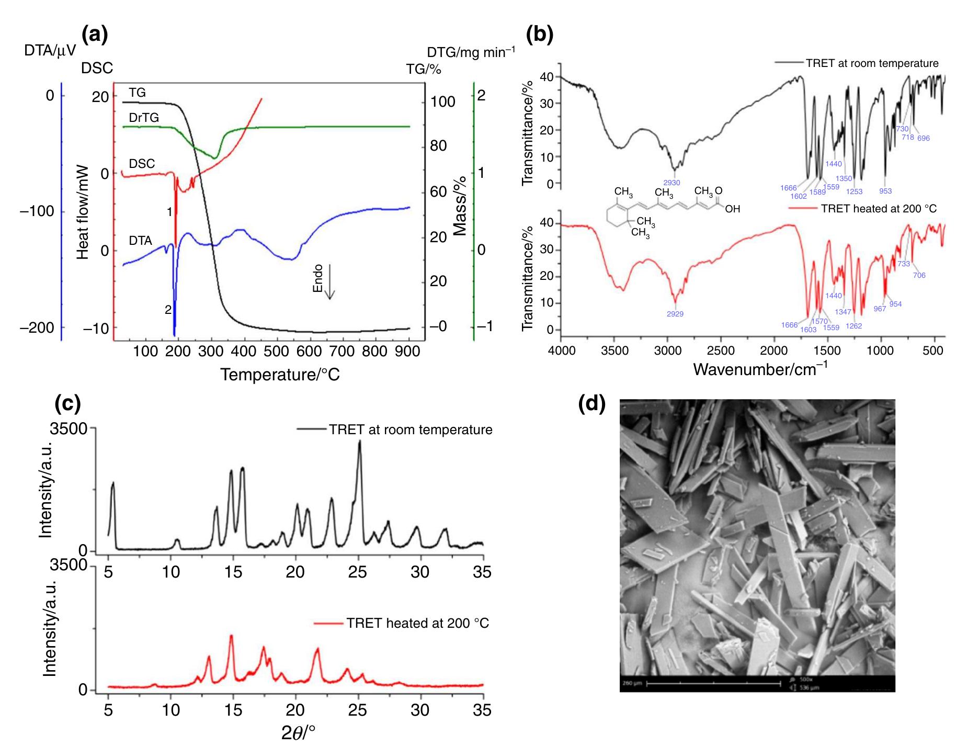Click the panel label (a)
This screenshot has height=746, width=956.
pyautogui.click(x=95, y=35)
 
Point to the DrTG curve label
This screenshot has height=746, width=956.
pyautogui.click(x=144, y=118)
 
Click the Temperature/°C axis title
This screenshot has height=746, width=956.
pyautogui.click(x=280, y=375)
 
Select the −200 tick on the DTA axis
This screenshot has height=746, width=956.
pyautogui.click(x=37, y=328)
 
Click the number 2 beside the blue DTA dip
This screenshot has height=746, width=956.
pyautogui.click(x=168, y=310)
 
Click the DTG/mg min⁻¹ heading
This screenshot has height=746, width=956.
pyautogui.click(x=471, y=52)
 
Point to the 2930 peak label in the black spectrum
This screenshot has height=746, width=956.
pyautogui.click(x=672, y=183)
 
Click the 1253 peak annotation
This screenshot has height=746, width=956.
pyautogui.click(x=854, y=192)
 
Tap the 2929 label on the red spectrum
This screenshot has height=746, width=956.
pyautogui.click(x=675, y=314)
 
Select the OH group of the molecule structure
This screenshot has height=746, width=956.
pyautogui.click(x=732, y=209)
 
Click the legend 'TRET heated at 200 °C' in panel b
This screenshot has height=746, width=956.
pyautogui.click(x=879, y=209)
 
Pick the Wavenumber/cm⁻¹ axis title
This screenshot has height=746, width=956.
pyautogui.click(x=760, y=369)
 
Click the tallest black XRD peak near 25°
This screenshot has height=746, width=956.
pyautogui.click(x=359, y=443)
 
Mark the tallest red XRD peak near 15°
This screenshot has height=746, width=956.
pyautogui.click(x=231, y=636)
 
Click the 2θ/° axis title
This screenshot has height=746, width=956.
pyautogui.click(x=298, y=732)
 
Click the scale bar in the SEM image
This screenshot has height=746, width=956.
pyautogui.click(x=714, y=683)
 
